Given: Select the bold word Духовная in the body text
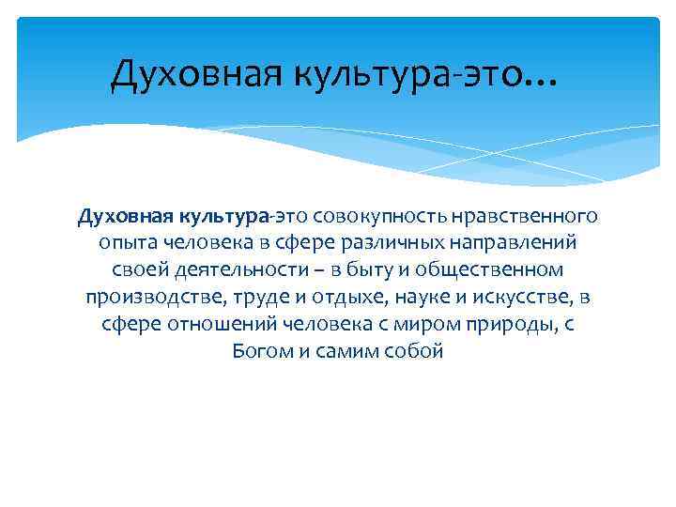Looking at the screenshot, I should [118, 217].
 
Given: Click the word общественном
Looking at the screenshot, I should [496, 270].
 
